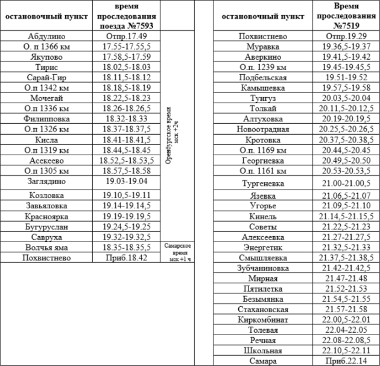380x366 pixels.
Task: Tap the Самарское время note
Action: [x=178, y=252]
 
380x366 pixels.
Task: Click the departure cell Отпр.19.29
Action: [x=346, y=36]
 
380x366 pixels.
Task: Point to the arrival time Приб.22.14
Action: [x=346, y=361]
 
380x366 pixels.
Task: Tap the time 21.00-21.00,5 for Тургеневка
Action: [x=346, y=182]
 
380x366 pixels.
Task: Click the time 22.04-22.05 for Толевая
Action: [x=346, y=329]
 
